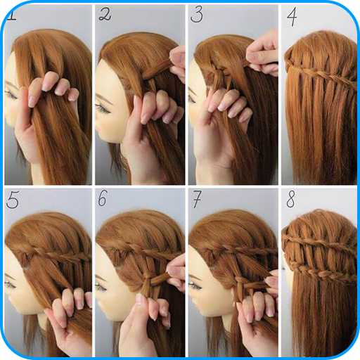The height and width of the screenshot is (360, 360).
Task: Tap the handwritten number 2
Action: pyautogui.click(x=105, y=15)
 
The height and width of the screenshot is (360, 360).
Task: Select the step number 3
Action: pyautogui.click(x=197, y=15)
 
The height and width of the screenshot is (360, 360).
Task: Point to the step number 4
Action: pyautogui.click(x=292, y=16)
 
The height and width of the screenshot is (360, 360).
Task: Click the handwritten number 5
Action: pyautogui.click(x=13, y=200)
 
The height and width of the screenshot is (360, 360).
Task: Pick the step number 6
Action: pyautogui.click(x=103, y=198)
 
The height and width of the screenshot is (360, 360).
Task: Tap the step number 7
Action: pyautogui.click(x=197, y=199)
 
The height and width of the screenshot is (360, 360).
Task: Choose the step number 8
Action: pyautogui.click(x=290, y=199)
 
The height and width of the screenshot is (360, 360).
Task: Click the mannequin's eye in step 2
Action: pyautogui.click(x=103, y=108)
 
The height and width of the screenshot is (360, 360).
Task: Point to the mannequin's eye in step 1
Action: pyautogui.click(x=11, y=94)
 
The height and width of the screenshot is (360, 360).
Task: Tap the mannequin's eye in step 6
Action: pyautogui.click(x=101, y=286)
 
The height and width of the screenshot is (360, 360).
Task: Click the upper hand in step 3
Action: pyautogui.click(x=263, y=53)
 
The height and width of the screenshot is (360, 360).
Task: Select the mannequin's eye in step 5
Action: pyautogui.click(x=9, y=284)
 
